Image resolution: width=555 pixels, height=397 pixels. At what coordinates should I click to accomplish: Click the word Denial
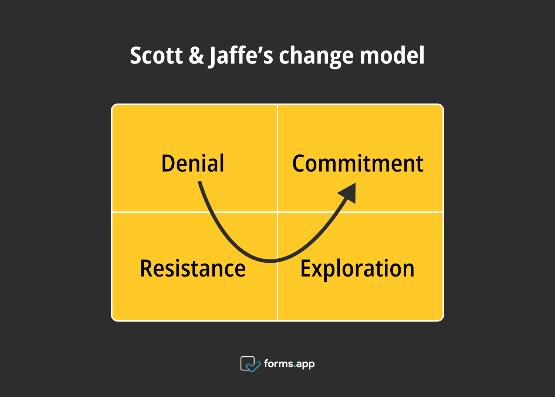(x=193, y=163)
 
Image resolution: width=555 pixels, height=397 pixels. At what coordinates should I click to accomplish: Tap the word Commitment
(x=358, y=163)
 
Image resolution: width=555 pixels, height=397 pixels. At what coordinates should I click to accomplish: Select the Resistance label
(x=193, y=268)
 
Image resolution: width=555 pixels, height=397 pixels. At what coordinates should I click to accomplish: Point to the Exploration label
(x=357, y=269)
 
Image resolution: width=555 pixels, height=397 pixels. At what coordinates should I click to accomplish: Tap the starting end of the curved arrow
(x=200, y=183)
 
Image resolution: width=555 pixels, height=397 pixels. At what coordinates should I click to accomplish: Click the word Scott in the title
(x=156, y=56)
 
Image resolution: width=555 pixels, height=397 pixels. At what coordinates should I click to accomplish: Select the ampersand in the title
(x=196, y=56)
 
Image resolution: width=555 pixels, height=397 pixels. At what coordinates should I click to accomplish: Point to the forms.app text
(x=289, y=364)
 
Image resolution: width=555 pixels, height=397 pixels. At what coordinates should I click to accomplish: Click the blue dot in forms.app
(x=295, y=367)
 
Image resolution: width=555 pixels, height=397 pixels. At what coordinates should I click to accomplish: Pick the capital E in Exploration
(x=306, y=268)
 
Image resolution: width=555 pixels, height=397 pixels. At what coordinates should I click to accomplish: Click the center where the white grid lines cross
(x=277, y=212)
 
